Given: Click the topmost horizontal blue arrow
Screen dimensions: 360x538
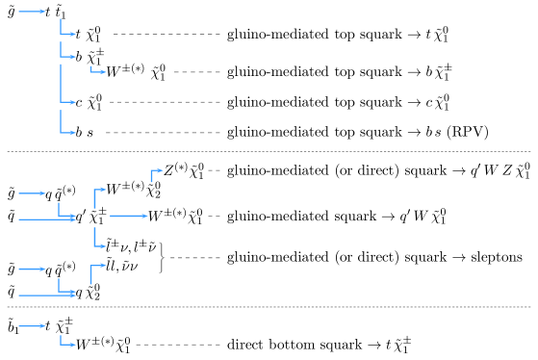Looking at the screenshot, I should point(32,12).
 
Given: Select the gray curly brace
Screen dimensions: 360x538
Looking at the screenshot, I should point(161,258).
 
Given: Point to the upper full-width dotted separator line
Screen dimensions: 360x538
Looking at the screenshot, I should point(269,151).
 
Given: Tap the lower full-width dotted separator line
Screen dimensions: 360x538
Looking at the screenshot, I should point(269,307).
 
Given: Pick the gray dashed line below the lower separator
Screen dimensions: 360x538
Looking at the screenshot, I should point(178,344).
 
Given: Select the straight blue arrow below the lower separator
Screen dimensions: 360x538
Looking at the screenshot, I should point(32,326).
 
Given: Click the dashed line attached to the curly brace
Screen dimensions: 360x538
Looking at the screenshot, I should point(193,258).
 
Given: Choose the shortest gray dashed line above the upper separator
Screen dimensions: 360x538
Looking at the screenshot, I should point(197,72).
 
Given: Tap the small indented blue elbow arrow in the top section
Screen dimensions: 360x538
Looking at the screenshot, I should point(96,70).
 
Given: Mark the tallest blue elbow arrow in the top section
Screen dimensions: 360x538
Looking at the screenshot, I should point(64,85).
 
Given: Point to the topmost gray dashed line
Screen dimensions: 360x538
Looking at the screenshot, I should point(167,34).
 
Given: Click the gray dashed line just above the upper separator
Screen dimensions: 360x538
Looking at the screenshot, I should point(163,132).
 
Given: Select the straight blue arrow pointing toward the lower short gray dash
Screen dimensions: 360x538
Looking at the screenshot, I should point(128,216).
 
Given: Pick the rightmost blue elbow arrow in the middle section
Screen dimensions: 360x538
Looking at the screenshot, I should point(155,173).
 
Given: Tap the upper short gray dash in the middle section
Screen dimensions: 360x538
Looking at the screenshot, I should point(214,170).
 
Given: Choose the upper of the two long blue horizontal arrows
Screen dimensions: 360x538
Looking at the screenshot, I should point(46,219).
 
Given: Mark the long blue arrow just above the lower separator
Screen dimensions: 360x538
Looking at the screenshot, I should point(46,295).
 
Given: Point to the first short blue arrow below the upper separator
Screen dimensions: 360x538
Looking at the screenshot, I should point(32,193).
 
